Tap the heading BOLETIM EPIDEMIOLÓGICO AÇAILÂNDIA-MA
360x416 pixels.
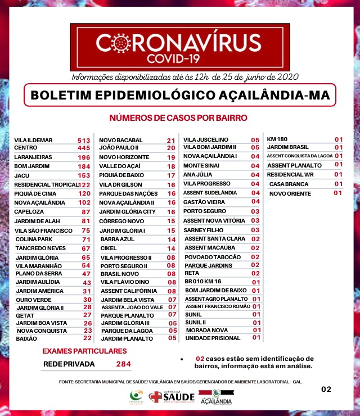tap(180, 94)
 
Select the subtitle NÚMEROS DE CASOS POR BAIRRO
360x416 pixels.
tap(178, 118)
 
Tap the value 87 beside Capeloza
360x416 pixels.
tap(86, 212)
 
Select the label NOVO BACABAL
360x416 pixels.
tap(121, 140)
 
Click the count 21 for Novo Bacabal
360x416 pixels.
tap(171, 140)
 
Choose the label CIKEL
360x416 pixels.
tap(109, 248)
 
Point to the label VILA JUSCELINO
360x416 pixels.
tap(206, 139)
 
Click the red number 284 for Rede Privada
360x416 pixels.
tap(123, 364)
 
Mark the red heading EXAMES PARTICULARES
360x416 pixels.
tap(84, 351)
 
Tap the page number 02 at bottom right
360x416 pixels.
tap(326, 388)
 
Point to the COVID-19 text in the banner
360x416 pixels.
tap(181, 58)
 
